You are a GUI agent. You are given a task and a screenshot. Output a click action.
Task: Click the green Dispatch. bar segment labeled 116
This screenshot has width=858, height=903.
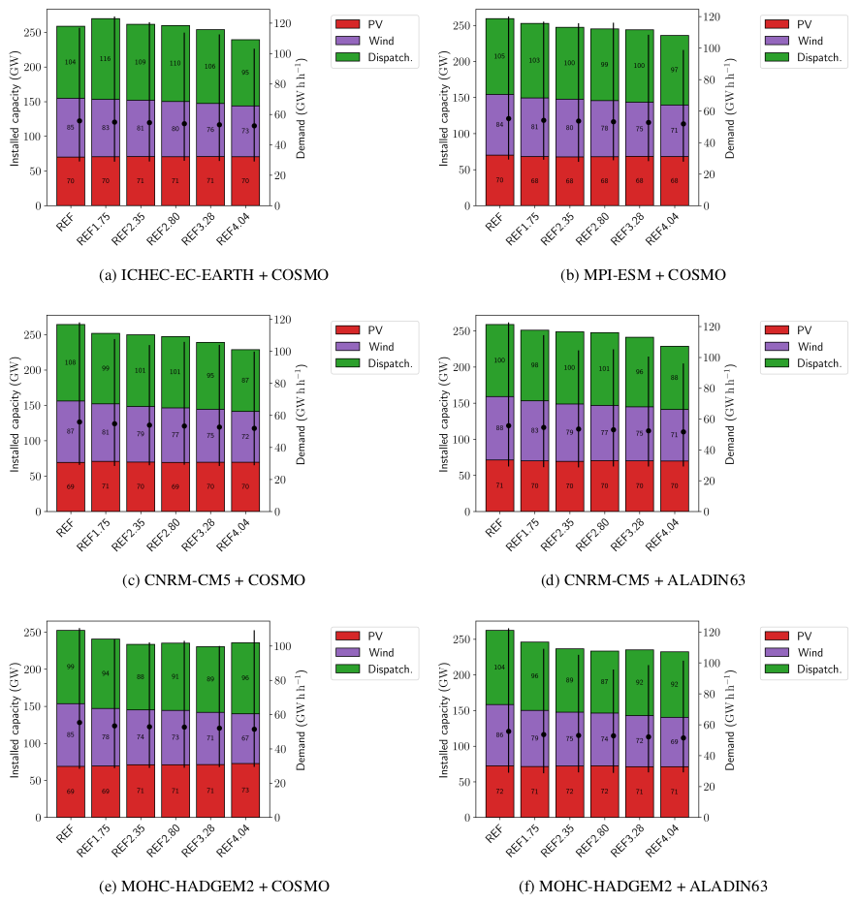[105, 58]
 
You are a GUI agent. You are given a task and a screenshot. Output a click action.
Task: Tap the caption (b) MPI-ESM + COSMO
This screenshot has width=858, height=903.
[643, 275]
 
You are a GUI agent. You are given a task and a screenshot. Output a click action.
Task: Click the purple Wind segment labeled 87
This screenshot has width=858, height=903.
[70, 431]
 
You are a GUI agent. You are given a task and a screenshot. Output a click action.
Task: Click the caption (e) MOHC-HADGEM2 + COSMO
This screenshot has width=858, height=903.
[214, 887]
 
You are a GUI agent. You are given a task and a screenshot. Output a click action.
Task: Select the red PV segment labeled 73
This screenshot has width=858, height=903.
[244, 791]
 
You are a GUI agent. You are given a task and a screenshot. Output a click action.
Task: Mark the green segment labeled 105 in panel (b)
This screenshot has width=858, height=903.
[499, 55]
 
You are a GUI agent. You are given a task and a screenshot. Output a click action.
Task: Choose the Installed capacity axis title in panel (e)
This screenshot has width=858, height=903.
[16, 719]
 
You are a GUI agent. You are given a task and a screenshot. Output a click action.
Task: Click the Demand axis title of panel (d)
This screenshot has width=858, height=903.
[730, 415]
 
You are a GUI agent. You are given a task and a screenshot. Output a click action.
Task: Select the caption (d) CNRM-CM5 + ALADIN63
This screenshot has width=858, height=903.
[643, 580]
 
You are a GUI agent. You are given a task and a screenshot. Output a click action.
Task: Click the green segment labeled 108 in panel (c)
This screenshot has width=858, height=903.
[70, 362]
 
